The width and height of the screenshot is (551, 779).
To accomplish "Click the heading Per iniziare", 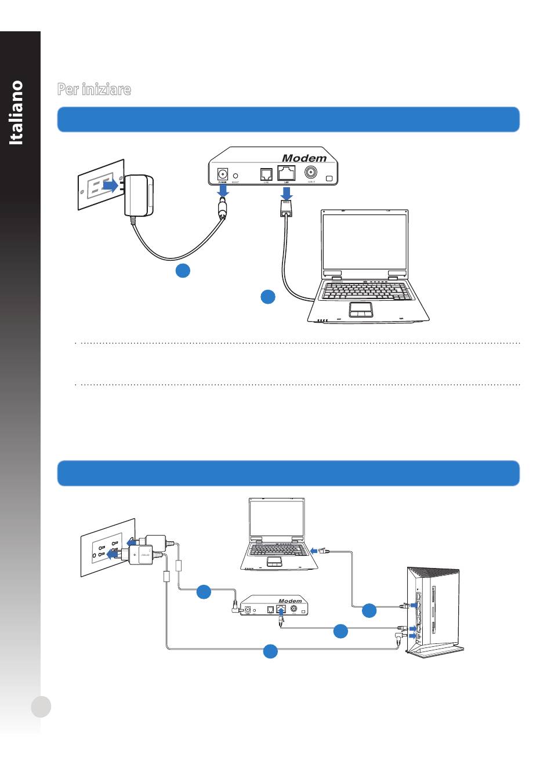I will [94, 89].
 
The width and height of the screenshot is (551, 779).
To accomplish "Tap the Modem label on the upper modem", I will [304, 158].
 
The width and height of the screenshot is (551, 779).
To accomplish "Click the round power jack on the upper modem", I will [222, 173].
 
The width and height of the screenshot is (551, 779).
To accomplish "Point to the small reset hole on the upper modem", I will [235, 174].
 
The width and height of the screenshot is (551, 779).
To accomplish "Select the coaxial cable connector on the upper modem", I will [311, 173].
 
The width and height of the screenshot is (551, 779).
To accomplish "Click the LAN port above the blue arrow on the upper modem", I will [287, 173].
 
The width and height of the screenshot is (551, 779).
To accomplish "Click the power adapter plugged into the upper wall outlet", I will [139, 195].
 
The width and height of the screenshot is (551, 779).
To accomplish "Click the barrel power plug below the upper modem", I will [222, 207].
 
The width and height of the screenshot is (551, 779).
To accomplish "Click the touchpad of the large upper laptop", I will [361, 310].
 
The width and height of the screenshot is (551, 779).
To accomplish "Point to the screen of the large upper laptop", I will [364, 241].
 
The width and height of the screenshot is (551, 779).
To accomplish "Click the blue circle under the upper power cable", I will [183, 270].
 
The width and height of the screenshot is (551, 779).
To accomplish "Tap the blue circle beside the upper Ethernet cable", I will [267, 297].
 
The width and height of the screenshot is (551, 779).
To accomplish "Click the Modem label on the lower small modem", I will [290, 601].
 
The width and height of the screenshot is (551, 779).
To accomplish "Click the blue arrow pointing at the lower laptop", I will [314, 550].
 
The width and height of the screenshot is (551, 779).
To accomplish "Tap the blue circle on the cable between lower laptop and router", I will [369, 610].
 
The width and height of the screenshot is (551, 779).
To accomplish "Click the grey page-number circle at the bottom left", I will [41, 707].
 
